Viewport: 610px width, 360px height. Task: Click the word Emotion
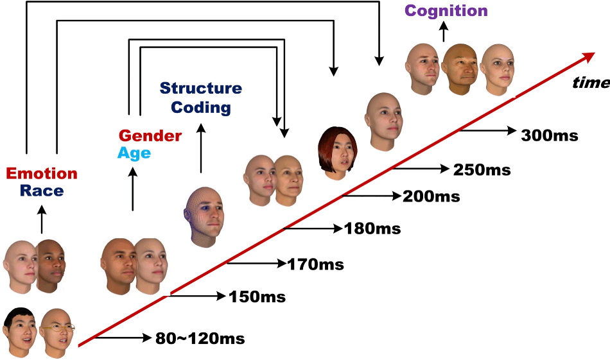coord(42,173)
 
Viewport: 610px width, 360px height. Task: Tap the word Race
coord(42,190)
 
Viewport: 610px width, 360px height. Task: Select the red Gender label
coord(150,136)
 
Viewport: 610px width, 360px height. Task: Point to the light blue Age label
coord(134,153)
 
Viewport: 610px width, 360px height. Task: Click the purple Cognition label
coord(446,10)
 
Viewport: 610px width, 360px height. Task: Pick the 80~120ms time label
coord(200,338)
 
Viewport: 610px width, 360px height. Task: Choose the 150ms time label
coord(257,296)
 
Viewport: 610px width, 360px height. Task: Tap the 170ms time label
coord(315,263)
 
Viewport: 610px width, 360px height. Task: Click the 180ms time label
coord(372,228)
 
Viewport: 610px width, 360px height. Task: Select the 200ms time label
coord(431,196)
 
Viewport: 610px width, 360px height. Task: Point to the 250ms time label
coord(482,170)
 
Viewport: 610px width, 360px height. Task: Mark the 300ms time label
coord(550,135)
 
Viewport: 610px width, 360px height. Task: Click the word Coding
coord(200,107)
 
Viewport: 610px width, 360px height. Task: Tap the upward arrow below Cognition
coord(444,33)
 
